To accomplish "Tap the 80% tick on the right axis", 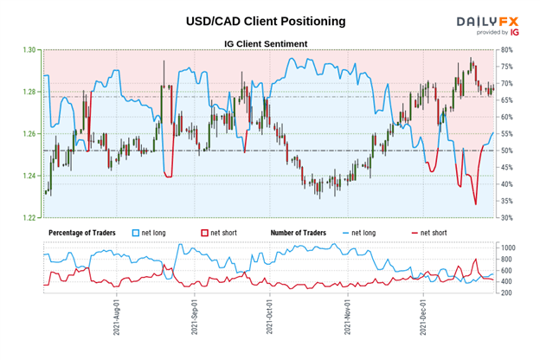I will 509,50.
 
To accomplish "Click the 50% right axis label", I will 509,151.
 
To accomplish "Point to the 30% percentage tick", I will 509,217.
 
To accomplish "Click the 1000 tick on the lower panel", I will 511,247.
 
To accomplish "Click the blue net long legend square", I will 136,233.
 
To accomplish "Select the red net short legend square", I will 204,233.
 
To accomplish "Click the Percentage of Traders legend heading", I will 87,233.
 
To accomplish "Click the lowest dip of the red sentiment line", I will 475,204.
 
